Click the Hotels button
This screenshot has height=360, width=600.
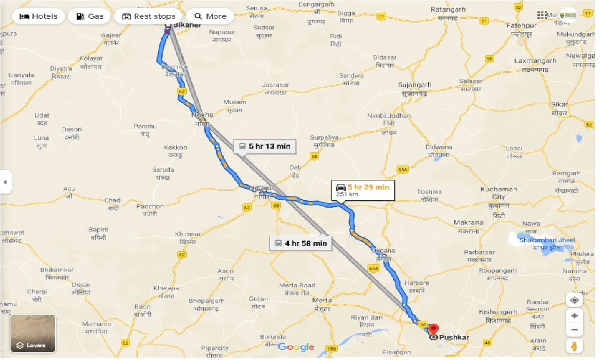coord(38,16)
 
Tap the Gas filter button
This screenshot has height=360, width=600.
coord(90,16)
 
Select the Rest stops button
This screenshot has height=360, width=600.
coord(148,16)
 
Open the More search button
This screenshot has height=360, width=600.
coord(210,16)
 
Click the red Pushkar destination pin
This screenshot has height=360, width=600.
coord(434,329)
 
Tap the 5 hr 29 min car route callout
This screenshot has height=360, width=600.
coord(362,190)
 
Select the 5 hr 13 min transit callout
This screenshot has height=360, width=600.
coord(264,146)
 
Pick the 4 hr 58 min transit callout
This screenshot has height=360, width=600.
coord(300,243)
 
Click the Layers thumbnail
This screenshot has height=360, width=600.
coord(32,333)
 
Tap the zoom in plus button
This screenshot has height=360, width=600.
coord(575,316)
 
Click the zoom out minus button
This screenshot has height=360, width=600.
coord(575,330)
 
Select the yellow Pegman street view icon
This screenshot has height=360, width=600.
coord(575,347)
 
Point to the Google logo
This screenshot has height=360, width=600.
coord(296,347)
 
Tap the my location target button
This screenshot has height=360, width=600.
coord(575,300)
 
